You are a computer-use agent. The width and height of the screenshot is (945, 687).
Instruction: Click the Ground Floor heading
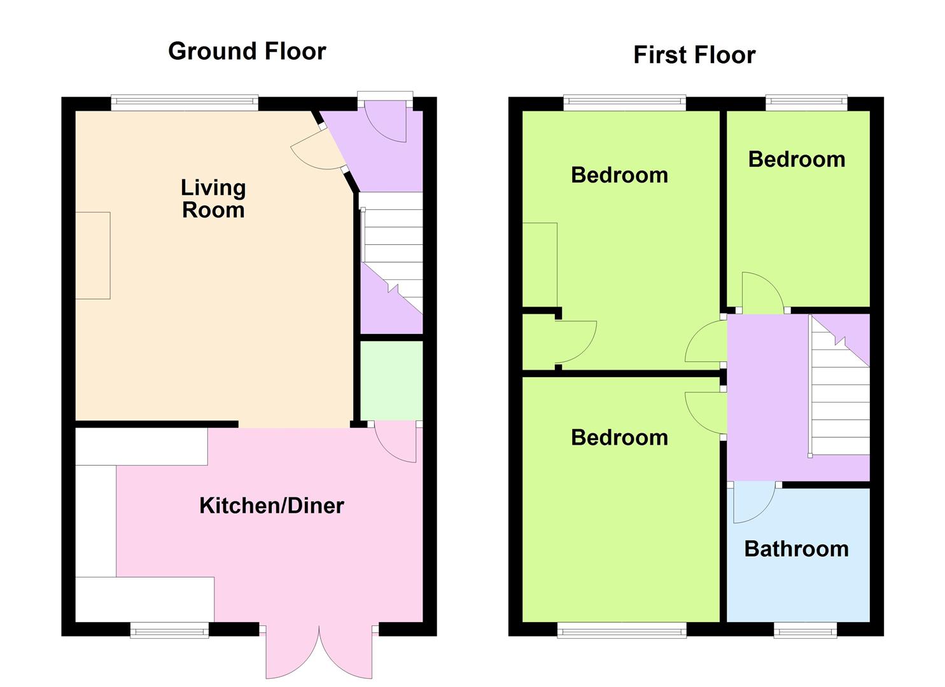[247, 52]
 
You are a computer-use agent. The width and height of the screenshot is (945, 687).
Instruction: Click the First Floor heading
[694, 55]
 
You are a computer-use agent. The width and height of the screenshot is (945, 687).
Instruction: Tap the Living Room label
[213, 198]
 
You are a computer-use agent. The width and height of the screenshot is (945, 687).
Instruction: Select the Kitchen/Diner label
[271, 506]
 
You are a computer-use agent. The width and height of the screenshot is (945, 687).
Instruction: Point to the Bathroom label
[796, 549]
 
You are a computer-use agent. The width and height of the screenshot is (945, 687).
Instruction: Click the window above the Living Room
[185, 102]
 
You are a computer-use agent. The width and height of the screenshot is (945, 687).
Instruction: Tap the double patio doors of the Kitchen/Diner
[319, 652]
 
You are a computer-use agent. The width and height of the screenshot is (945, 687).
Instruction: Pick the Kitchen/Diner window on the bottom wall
[169, 630]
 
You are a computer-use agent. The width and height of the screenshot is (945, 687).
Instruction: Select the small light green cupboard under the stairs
[391, 380]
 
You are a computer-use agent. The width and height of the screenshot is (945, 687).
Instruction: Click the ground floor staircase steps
[393, 253]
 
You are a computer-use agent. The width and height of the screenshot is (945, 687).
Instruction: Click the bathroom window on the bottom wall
[806, 630]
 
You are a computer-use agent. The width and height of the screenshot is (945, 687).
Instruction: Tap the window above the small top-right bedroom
[807, 102]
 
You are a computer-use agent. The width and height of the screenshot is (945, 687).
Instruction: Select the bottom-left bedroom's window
[622, 630]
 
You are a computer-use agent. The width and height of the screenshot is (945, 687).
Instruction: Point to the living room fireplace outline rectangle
[93, 256]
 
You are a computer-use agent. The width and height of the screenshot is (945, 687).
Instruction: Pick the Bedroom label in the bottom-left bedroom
[619, 438]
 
